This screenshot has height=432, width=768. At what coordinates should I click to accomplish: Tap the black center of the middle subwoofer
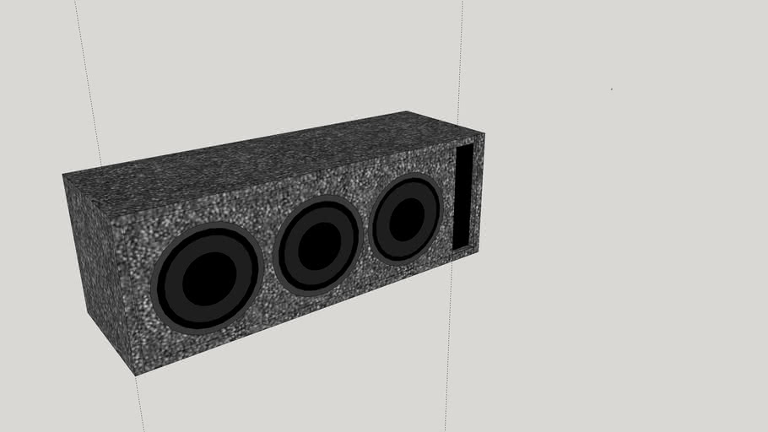point(317,246)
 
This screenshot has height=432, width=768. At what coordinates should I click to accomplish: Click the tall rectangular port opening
point(463,196)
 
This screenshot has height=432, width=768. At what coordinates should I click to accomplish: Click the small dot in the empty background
point(612,89)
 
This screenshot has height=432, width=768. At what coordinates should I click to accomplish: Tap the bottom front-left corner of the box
point(135,374)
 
